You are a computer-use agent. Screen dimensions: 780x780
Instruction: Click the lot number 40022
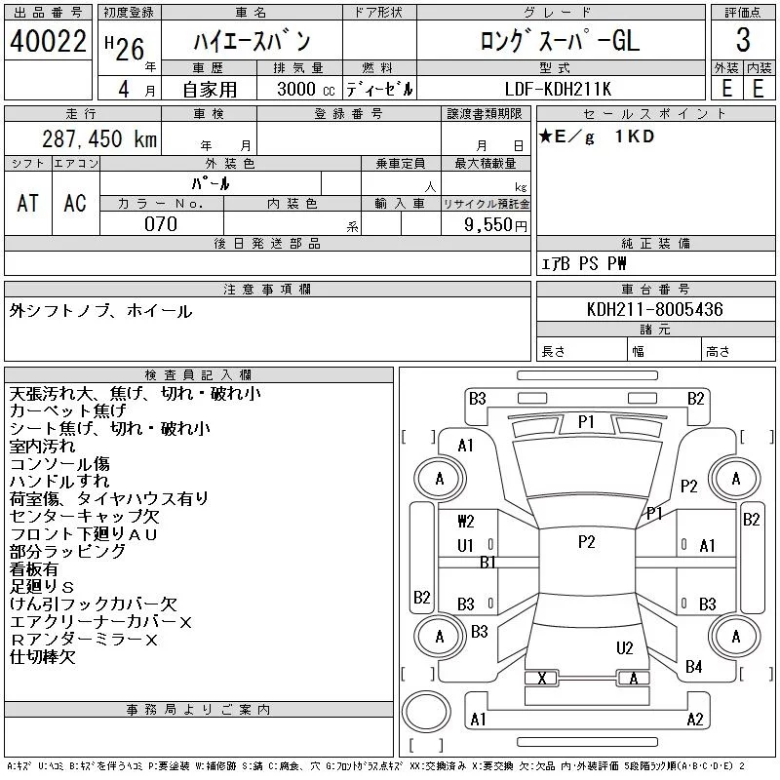point(48,41)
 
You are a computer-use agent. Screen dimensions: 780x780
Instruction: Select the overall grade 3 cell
point(743,40)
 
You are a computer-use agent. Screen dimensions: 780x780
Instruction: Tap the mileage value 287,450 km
point(99,138)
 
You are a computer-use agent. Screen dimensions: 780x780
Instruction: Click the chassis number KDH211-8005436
point(654,309)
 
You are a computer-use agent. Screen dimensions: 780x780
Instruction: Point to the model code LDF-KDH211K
point(558,89)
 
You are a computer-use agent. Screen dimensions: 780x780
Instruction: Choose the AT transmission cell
point(28,203)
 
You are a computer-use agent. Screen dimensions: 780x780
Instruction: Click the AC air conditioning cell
point(75,203)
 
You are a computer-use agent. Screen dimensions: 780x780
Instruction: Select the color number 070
point(161,224)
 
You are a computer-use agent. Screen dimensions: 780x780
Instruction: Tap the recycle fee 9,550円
point(495,225)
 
